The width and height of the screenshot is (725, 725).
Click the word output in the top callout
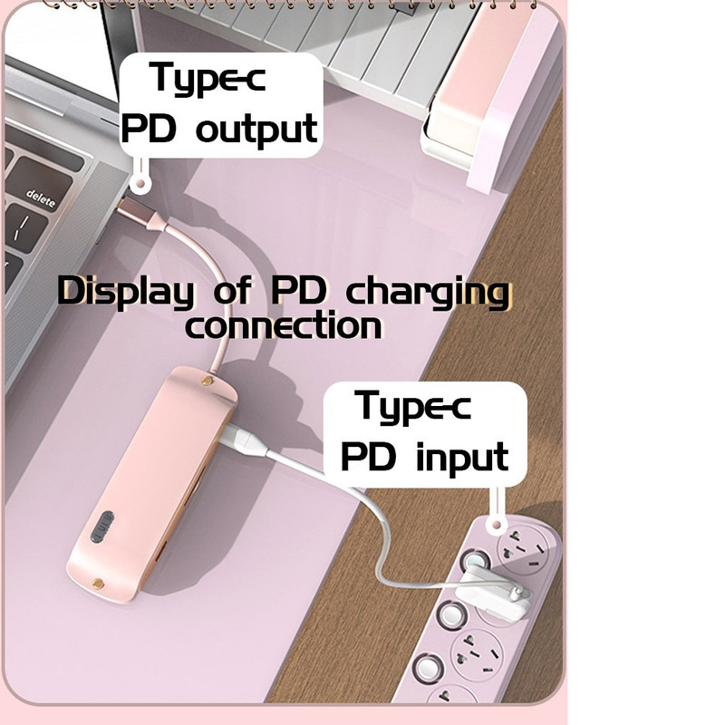[257, 128]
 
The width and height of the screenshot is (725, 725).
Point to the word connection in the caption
[283, 325]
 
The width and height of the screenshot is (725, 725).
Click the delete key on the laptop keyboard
[41, 197]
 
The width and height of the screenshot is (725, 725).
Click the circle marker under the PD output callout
[140, 184]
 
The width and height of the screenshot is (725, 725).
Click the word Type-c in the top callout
[208, 78]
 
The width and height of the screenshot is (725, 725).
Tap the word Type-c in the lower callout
[413, 406]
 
